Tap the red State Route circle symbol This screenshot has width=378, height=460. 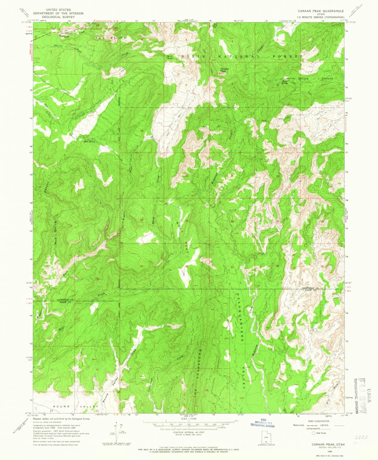click(315, 432)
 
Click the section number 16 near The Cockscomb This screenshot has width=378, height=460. click(207, 390)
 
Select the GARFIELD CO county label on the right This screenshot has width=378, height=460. click(310, 288)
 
